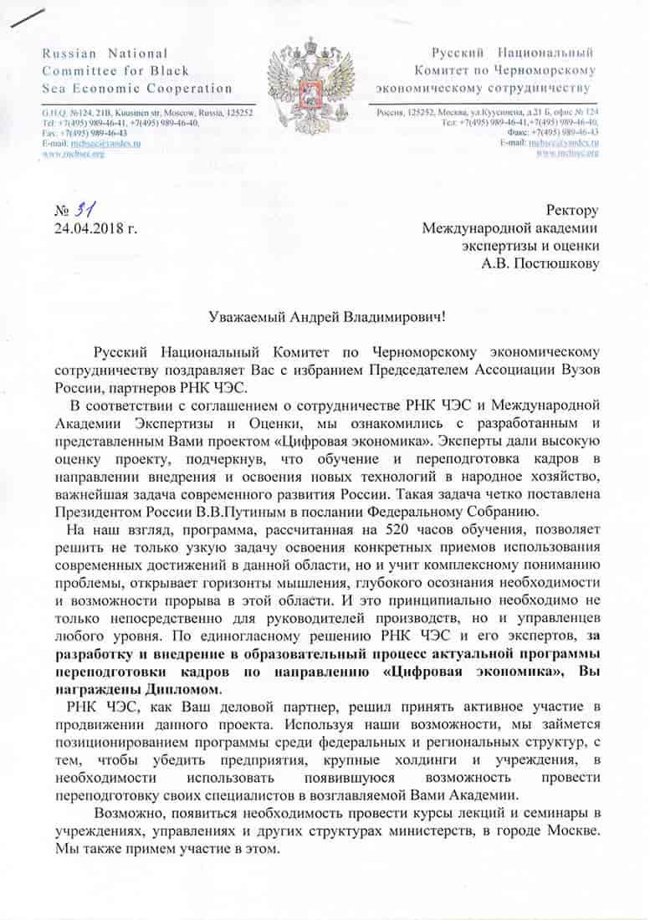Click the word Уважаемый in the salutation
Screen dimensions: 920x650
(x=246, y=317)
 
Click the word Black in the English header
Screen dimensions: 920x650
(x=171, y=71)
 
